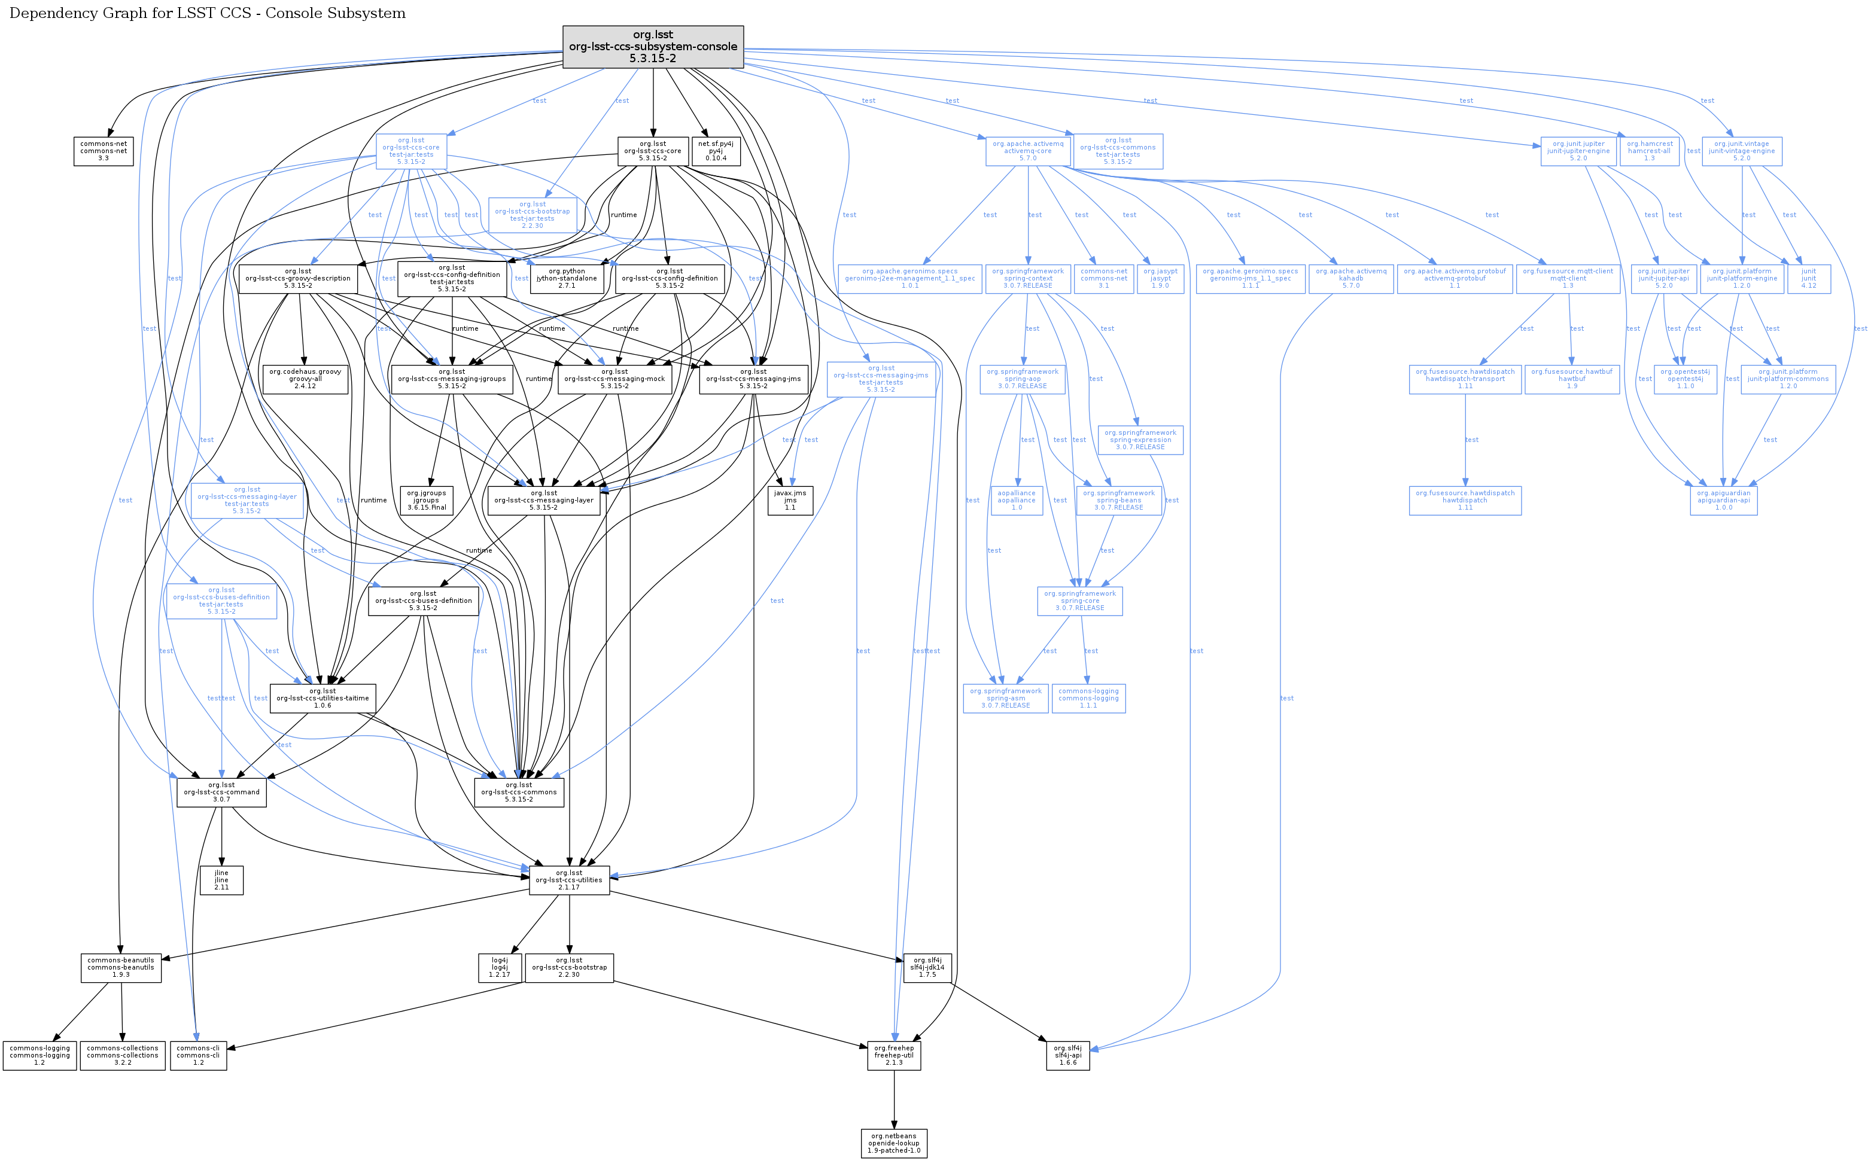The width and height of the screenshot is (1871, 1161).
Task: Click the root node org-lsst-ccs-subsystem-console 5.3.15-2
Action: [x=653, y=46]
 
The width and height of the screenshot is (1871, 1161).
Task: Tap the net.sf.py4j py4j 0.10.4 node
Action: [x=716, y=151]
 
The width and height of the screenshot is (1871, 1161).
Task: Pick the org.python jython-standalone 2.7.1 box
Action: [x=567, y=278]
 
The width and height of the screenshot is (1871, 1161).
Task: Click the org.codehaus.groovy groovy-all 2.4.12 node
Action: [x=305, y=379]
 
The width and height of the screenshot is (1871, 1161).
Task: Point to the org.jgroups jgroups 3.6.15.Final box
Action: [x=426, y=500]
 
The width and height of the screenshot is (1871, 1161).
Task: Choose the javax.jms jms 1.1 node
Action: [x=790, y=500]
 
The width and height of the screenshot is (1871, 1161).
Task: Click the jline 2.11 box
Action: [x=221, y=880]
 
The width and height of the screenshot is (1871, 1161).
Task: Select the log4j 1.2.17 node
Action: [x=499, y=968]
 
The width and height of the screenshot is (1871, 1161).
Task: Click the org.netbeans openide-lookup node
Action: [x=894, y=1142]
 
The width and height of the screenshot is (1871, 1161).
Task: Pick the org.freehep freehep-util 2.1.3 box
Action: [x=894, y=1055]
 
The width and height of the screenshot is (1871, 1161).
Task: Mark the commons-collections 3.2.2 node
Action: [x=122, y=1055]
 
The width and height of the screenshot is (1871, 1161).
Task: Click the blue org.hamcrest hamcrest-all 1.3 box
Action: [x=1650, y=151]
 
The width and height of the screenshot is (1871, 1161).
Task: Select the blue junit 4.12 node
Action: [x=1809, y=278]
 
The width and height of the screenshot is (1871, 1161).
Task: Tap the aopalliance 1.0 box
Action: [x=1017, y=500]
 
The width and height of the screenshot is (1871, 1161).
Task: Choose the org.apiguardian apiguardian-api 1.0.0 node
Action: [x=1724, y=500]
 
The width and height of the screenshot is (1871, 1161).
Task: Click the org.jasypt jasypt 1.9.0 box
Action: [x=1161, y=278]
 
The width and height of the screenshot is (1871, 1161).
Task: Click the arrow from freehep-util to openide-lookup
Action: [x=894, y=1099]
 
